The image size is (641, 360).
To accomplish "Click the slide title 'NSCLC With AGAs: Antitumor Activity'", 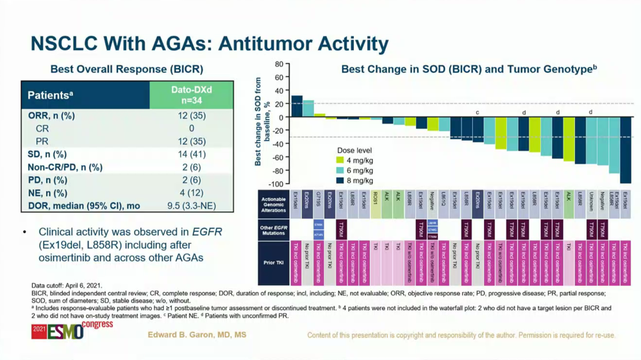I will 210,45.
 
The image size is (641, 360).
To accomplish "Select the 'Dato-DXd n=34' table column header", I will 192,95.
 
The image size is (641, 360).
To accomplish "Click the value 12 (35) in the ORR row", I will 192,116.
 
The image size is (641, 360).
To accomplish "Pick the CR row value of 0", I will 192,128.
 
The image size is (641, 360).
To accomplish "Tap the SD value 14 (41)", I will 192,154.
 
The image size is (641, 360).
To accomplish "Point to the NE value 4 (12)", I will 192,193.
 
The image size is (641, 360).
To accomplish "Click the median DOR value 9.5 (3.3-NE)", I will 192,206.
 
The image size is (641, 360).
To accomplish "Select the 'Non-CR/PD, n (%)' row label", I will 65,167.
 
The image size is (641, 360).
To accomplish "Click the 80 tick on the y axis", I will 279,64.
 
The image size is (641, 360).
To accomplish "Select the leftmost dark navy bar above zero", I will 296,106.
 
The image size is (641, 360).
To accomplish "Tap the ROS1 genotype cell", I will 375,204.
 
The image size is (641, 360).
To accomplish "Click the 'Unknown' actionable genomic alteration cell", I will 591,204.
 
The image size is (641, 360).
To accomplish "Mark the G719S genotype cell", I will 318,204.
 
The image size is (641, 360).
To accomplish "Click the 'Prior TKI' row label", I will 273,263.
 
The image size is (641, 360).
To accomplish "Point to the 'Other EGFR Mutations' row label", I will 273,229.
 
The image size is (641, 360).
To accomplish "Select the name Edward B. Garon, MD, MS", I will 197,335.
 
